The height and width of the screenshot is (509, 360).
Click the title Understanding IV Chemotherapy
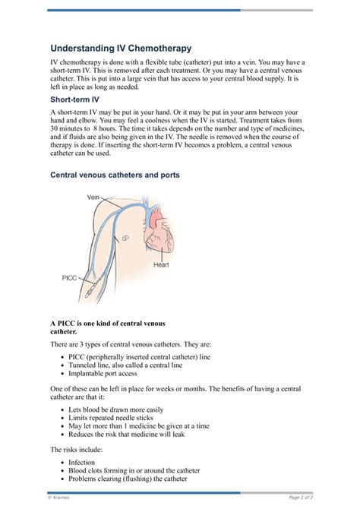coord(121,47)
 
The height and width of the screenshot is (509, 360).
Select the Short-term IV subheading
coord(75,99)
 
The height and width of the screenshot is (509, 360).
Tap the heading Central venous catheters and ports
coord(115,175)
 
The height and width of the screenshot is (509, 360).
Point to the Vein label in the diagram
coord(93,197)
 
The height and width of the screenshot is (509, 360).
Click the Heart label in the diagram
coord(161,265)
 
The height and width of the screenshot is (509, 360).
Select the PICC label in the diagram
coord(71,278)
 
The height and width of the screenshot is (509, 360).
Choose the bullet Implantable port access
coord(103,374)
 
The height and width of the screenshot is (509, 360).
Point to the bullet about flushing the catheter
coord(127,479)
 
